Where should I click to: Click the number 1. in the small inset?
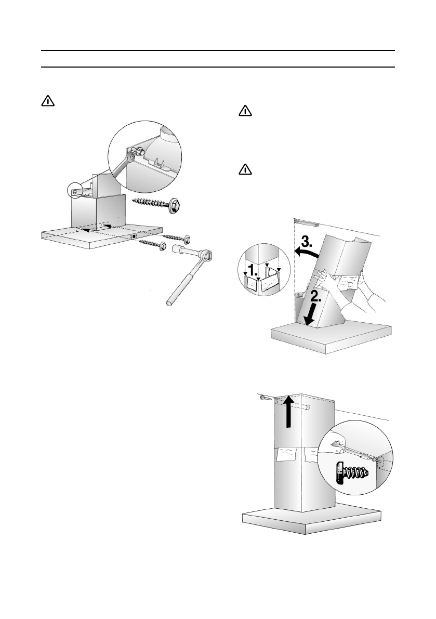[253, 271]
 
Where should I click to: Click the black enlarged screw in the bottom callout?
[351, 473]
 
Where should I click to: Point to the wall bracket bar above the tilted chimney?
[307, 222]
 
